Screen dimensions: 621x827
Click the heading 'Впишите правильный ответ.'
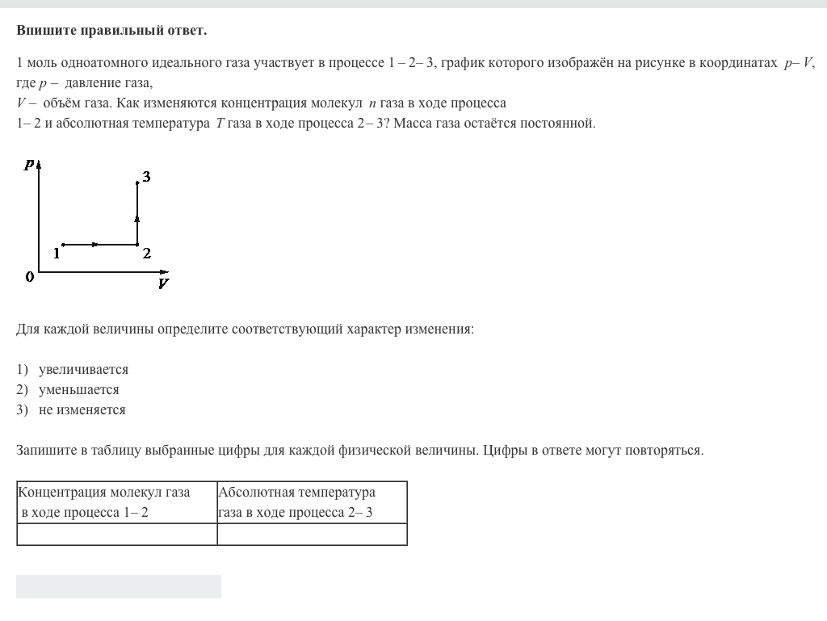click(111, 31)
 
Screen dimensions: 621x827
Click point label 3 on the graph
click(146, 177)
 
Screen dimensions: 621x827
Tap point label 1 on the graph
click(57, 254)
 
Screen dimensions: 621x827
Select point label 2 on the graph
click(146, 254)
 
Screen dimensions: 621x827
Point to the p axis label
click(29, 164)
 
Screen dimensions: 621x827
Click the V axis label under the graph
click(163, 283)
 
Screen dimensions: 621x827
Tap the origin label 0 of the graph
click(30, 277)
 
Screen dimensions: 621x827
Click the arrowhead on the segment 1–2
click(96, 244)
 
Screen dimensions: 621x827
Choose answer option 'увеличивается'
click(83, 370)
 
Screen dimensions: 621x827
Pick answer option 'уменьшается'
click(78, 390)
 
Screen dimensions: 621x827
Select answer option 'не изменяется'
click(82, 410)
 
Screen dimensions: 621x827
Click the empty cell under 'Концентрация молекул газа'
click(116, 534)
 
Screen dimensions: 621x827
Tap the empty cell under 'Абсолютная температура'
click(312, 534)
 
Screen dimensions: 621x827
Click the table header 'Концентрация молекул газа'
click(105, 493)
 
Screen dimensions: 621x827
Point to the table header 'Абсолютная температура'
click(297, 493)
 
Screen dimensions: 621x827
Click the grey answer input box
click(119, 587)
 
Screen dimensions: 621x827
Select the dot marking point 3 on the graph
click(137, 183)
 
